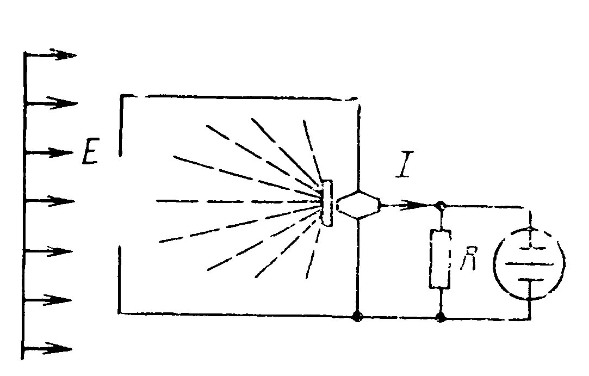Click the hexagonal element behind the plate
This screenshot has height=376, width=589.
357,205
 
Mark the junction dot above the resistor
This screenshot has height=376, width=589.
441,206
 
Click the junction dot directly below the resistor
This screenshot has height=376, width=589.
441,316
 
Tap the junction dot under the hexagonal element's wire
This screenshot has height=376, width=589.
358,315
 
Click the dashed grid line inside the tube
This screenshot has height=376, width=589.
529,248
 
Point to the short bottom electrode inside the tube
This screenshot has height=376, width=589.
529,280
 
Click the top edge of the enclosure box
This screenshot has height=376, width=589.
239,96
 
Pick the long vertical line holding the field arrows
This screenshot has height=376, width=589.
24,207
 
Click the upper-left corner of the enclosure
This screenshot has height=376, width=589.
121,97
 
